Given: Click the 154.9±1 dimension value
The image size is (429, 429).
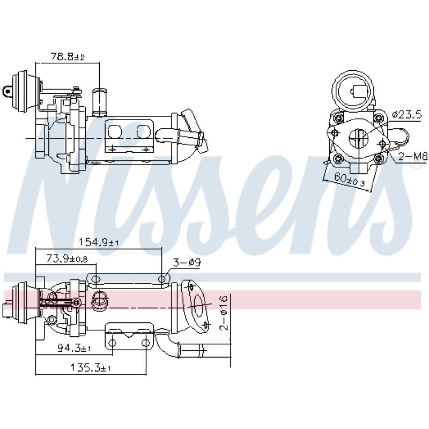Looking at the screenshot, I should pyautogui.click(x=99, y=242).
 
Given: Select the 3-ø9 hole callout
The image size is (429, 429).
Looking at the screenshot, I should pyautogui.click(x=187, y=263).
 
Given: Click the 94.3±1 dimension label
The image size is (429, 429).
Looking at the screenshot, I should pyautogui.click(x=75, y=349).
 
